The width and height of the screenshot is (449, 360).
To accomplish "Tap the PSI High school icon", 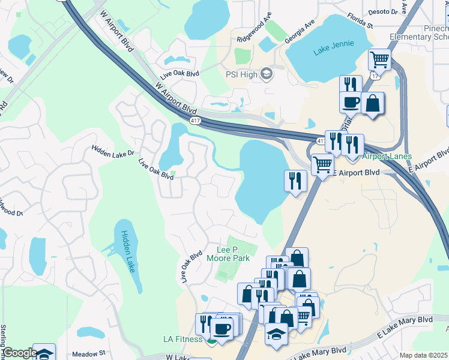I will (267, 74).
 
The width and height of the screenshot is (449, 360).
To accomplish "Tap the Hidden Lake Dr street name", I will (113, 151).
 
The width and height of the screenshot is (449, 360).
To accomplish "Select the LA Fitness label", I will (183, 339).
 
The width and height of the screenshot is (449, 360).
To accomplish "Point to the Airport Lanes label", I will (387, 157).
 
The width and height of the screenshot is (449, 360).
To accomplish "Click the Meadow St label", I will (88, 354).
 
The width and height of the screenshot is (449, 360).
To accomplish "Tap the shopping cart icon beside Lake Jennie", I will (380, 60).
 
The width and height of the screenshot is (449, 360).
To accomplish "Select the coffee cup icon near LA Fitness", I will (222, 329).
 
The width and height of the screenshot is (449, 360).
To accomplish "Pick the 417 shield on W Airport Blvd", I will (196, 121).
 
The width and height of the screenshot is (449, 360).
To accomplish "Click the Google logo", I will (20, 353).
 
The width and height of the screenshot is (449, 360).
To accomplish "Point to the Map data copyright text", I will (424, 355).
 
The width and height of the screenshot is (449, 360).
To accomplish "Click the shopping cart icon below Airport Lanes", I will (323, 163).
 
